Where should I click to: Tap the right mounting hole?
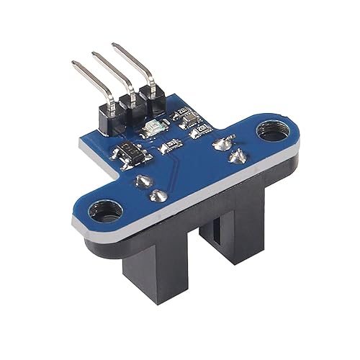270,133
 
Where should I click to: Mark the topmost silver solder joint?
220,143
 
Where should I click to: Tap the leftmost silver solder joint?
142,180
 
